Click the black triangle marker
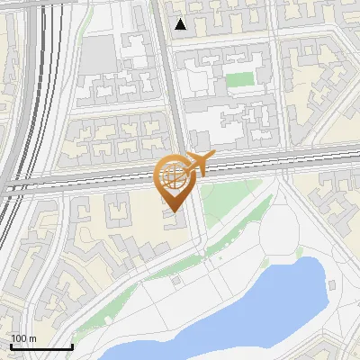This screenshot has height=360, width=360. (x=181, y=24)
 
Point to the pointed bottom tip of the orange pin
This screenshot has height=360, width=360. (x=174, y=211)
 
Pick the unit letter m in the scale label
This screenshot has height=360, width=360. (x=32, y=339)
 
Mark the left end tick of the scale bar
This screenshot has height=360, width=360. (x=10, y=346)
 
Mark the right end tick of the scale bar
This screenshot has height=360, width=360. (x=72, y=346)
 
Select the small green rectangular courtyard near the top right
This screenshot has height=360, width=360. (x=238, y=79)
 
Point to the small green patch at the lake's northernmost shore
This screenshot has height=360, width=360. (x=298, y=256)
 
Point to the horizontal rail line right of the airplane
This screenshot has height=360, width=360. (x=288, y=166)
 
